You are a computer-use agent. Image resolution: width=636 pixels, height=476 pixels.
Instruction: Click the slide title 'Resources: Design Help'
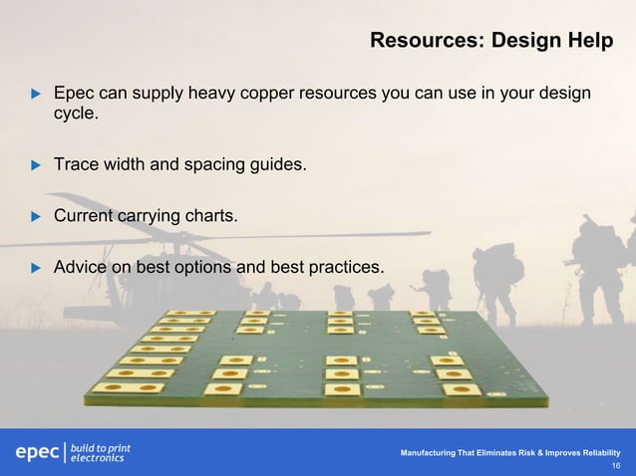491,41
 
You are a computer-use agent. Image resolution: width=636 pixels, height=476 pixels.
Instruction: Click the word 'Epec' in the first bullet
75,95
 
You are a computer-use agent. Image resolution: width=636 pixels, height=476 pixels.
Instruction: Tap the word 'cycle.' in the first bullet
76,117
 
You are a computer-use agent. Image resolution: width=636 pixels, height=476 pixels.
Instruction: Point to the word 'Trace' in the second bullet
76,164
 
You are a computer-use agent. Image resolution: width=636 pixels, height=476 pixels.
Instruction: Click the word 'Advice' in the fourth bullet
80,267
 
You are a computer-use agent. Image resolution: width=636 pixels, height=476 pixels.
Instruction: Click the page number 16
615,466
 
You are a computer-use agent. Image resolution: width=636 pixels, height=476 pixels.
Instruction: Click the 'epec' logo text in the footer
36,452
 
